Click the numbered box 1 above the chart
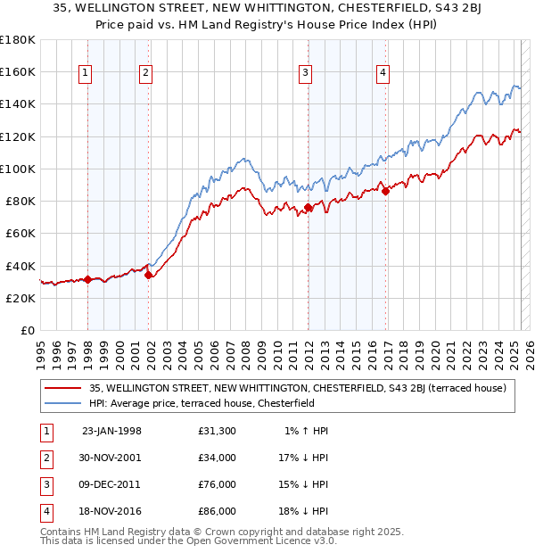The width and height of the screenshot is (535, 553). coord(86,73)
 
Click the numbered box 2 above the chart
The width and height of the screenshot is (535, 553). coord(145,73)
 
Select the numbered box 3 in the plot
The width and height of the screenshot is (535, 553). coord(305,73)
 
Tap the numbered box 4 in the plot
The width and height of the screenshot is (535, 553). coord(383,73)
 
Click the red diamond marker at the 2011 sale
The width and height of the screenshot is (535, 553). coord(308,208)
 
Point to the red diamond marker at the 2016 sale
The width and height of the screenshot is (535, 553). coord(385,190)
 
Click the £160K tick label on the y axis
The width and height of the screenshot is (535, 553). coord(18,71)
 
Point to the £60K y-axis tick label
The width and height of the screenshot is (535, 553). coord(20,233)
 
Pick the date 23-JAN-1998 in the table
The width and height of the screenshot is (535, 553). coord(111,431)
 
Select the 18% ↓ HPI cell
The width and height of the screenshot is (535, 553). coord(305,511)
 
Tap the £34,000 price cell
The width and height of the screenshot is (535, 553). coord(218,458)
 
